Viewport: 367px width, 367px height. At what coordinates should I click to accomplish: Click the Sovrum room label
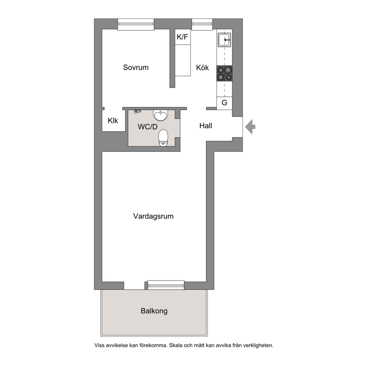(136, 67)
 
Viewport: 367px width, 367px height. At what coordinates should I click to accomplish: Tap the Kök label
(202, 68)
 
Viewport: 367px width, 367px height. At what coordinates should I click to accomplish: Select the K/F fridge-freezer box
(183, 37)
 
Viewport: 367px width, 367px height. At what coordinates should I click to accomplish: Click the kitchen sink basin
(225, 40)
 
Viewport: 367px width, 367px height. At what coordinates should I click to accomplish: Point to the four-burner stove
(225, 74)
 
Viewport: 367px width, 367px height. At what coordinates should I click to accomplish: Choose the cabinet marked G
(225, 103)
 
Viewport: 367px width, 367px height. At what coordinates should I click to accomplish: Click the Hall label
(206, 126)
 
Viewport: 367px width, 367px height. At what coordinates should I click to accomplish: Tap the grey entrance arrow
(250, 127)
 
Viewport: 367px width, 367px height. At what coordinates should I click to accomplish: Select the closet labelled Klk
(114, 121)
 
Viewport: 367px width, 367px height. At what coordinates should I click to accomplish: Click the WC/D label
(148, 127)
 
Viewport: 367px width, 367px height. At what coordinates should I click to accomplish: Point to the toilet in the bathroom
(164, 138)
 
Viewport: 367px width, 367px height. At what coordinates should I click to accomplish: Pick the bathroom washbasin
(161, 115)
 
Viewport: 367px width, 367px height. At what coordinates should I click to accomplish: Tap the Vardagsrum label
(154, 216)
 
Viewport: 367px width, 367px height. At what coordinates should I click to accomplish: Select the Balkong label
(154, 311)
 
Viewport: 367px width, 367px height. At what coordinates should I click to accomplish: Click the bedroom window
(136, 24)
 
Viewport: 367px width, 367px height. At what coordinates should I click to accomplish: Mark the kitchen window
(202, 24)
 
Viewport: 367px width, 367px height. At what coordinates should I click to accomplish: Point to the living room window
(166, 285)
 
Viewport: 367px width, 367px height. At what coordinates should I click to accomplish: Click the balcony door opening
(134, 286)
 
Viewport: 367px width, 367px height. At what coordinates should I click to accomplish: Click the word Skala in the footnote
(176, 345)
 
